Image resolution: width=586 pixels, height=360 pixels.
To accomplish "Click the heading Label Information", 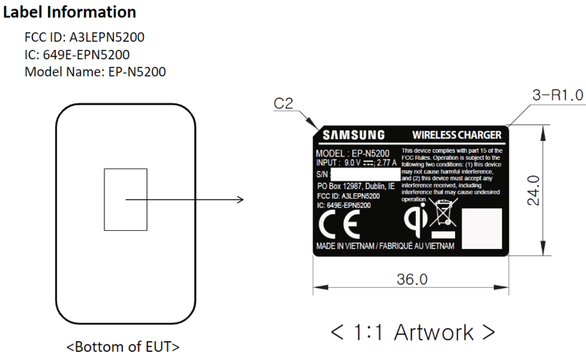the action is pyautogui.click(x=70, y=12).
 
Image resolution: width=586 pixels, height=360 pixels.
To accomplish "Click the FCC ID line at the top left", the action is pyautogui.click(x=84, y=37).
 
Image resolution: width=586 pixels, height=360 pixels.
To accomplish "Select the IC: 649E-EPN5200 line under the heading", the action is pyautogui.click(x=77, y=55).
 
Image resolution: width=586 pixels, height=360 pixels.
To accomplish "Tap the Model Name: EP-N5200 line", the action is pyautogui.click(x=95, y=72).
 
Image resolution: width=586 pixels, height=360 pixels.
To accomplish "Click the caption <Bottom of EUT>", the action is pyautogui.click(x=123, y=346).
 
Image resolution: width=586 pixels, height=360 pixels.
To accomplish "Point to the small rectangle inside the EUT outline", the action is pyautogui.click(x=125, y=200).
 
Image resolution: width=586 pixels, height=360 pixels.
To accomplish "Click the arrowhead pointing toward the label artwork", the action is pyautogui.click(x=240, y=200).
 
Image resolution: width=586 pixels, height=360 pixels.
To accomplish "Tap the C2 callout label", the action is pyautogui.click(x=283, y=104).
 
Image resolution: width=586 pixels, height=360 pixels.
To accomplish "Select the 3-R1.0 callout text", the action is pyautogui.click(x=557, y=95).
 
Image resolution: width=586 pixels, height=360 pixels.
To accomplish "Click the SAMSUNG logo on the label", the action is pyautogui.click(x=353, y=135).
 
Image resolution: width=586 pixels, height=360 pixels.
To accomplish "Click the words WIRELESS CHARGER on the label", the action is pyautogui.click(x=457, y=135).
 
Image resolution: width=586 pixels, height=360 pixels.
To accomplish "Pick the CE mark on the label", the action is pyautogui.click(x=339, y=224).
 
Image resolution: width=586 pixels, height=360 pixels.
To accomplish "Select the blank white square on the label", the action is pyautogui.click(x=482, y=228).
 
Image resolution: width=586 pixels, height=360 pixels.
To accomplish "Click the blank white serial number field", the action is pyautogui.click(x=365, y=175).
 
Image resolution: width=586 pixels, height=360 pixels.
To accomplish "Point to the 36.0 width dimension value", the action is pyautogui.click(x=412, y=279).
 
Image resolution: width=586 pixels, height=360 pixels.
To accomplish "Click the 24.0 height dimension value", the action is pyautogui.click(x=534, y=190).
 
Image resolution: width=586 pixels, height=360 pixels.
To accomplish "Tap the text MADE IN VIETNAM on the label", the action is pyautogui.click(x=345, y=246).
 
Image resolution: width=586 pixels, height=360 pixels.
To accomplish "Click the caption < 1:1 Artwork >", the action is pyautogui.click(x=413, y=333).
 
